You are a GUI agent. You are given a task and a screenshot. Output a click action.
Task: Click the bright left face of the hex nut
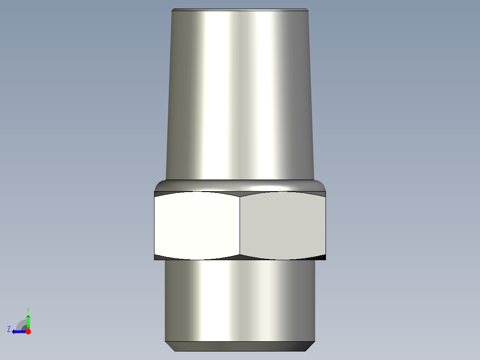[x=197, y=226]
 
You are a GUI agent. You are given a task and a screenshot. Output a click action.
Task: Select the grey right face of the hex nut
[x=282, y=226]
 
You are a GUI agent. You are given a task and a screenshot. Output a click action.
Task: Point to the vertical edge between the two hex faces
[x=240, y=226]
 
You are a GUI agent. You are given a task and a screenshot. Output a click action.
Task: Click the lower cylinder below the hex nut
[x=240, y=299]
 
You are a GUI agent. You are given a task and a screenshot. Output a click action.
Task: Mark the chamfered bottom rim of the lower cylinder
[x=240, y=346]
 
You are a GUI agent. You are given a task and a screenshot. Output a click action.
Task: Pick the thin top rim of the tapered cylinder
[x=240, y=10]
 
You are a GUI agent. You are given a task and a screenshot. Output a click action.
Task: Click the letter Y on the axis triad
[x=28, y=309]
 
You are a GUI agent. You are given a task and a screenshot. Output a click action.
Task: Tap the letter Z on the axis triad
[x=9, y=329]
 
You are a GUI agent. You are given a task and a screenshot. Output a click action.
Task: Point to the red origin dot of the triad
[x=28, y=331]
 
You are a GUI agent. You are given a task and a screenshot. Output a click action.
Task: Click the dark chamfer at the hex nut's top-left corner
[x=159, y=193]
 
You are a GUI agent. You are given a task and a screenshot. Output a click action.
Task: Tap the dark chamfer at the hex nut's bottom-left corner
[x=159, y=258]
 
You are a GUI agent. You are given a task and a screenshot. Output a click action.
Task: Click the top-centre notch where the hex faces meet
[x=240, y=194]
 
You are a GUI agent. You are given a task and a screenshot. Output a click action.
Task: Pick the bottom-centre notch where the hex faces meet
[x=240, y=257]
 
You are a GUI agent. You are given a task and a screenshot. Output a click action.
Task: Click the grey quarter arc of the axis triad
[x=21, y=324]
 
